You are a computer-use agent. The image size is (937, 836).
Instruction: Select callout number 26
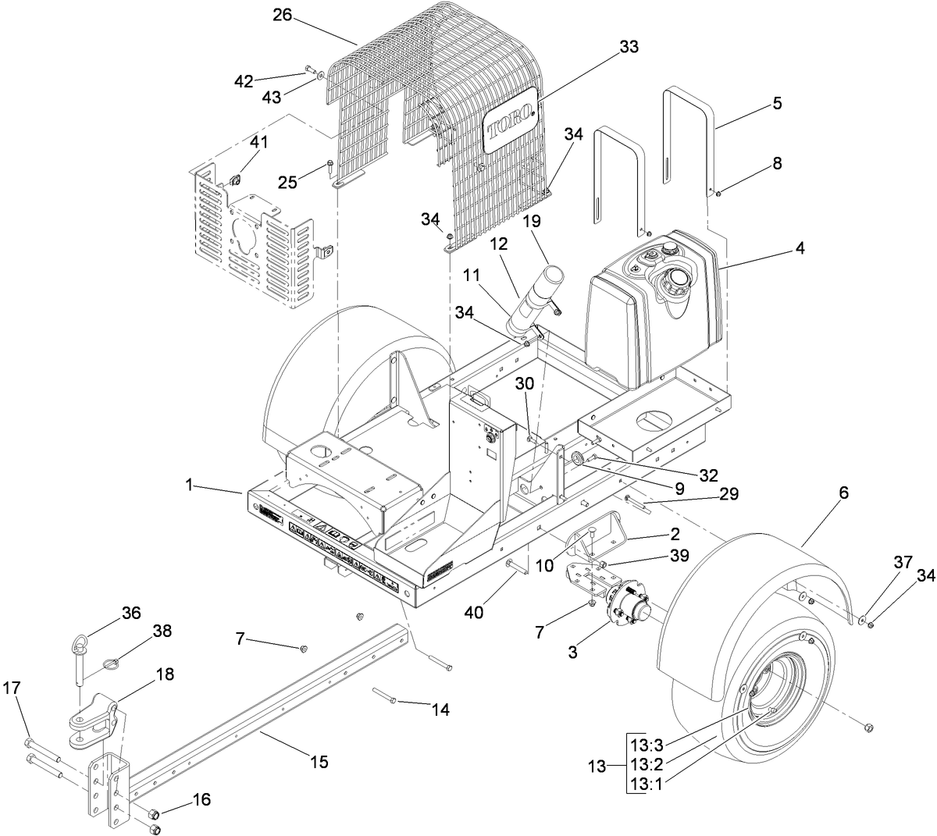click(283, 16)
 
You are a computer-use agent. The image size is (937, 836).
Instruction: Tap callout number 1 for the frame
click(188, 486)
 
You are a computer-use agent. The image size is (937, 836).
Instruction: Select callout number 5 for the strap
click(755, 103)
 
